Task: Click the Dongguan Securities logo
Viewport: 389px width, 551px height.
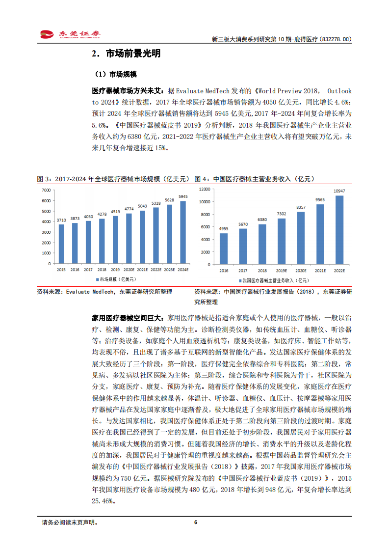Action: [70, 34]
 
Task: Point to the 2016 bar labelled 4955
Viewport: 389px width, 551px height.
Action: [223, 248]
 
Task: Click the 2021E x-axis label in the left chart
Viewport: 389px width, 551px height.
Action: [142, 270]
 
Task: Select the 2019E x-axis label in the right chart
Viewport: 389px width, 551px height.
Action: [282, 270]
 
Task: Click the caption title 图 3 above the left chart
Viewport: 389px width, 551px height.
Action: [113, 179]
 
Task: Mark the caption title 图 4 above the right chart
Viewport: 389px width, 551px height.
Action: [254, 179]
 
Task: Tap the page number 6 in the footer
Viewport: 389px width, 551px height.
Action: [195, 523]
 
